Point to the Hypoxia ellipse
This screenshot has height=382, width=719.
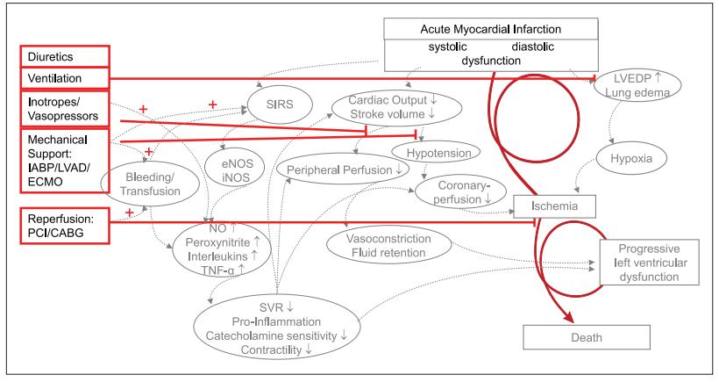[x=626, y=160]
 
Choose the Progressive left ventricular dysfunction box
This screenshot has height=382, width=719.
[x=650, y=261]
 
